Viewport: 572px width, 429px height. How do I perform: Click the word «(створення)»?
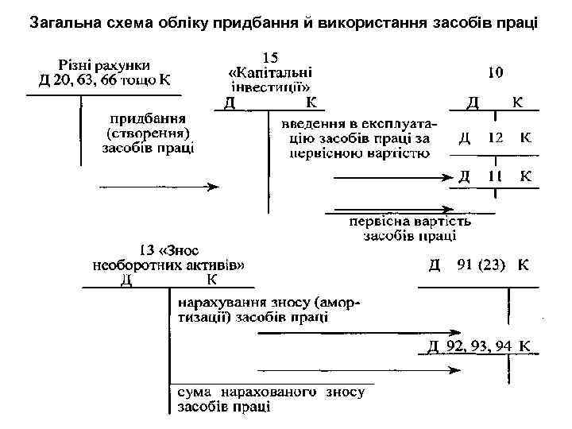tap(149, 132)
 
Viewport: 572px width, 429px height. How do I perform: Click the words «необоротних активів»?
tap(168, 265)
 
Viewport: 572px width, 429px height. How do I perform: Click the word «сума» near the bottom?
tap(193, 392)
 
